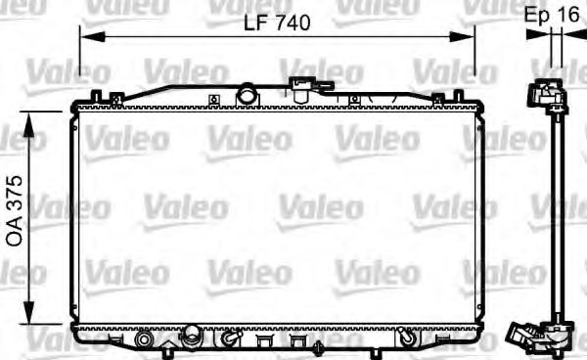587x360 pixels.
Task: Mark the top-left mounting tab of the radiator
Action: pos(96,97)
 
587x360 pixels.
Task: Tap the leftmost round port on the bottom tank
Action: pos(145,339)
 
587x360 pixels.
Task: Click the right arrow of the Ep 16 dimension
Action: pos(572,36)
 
